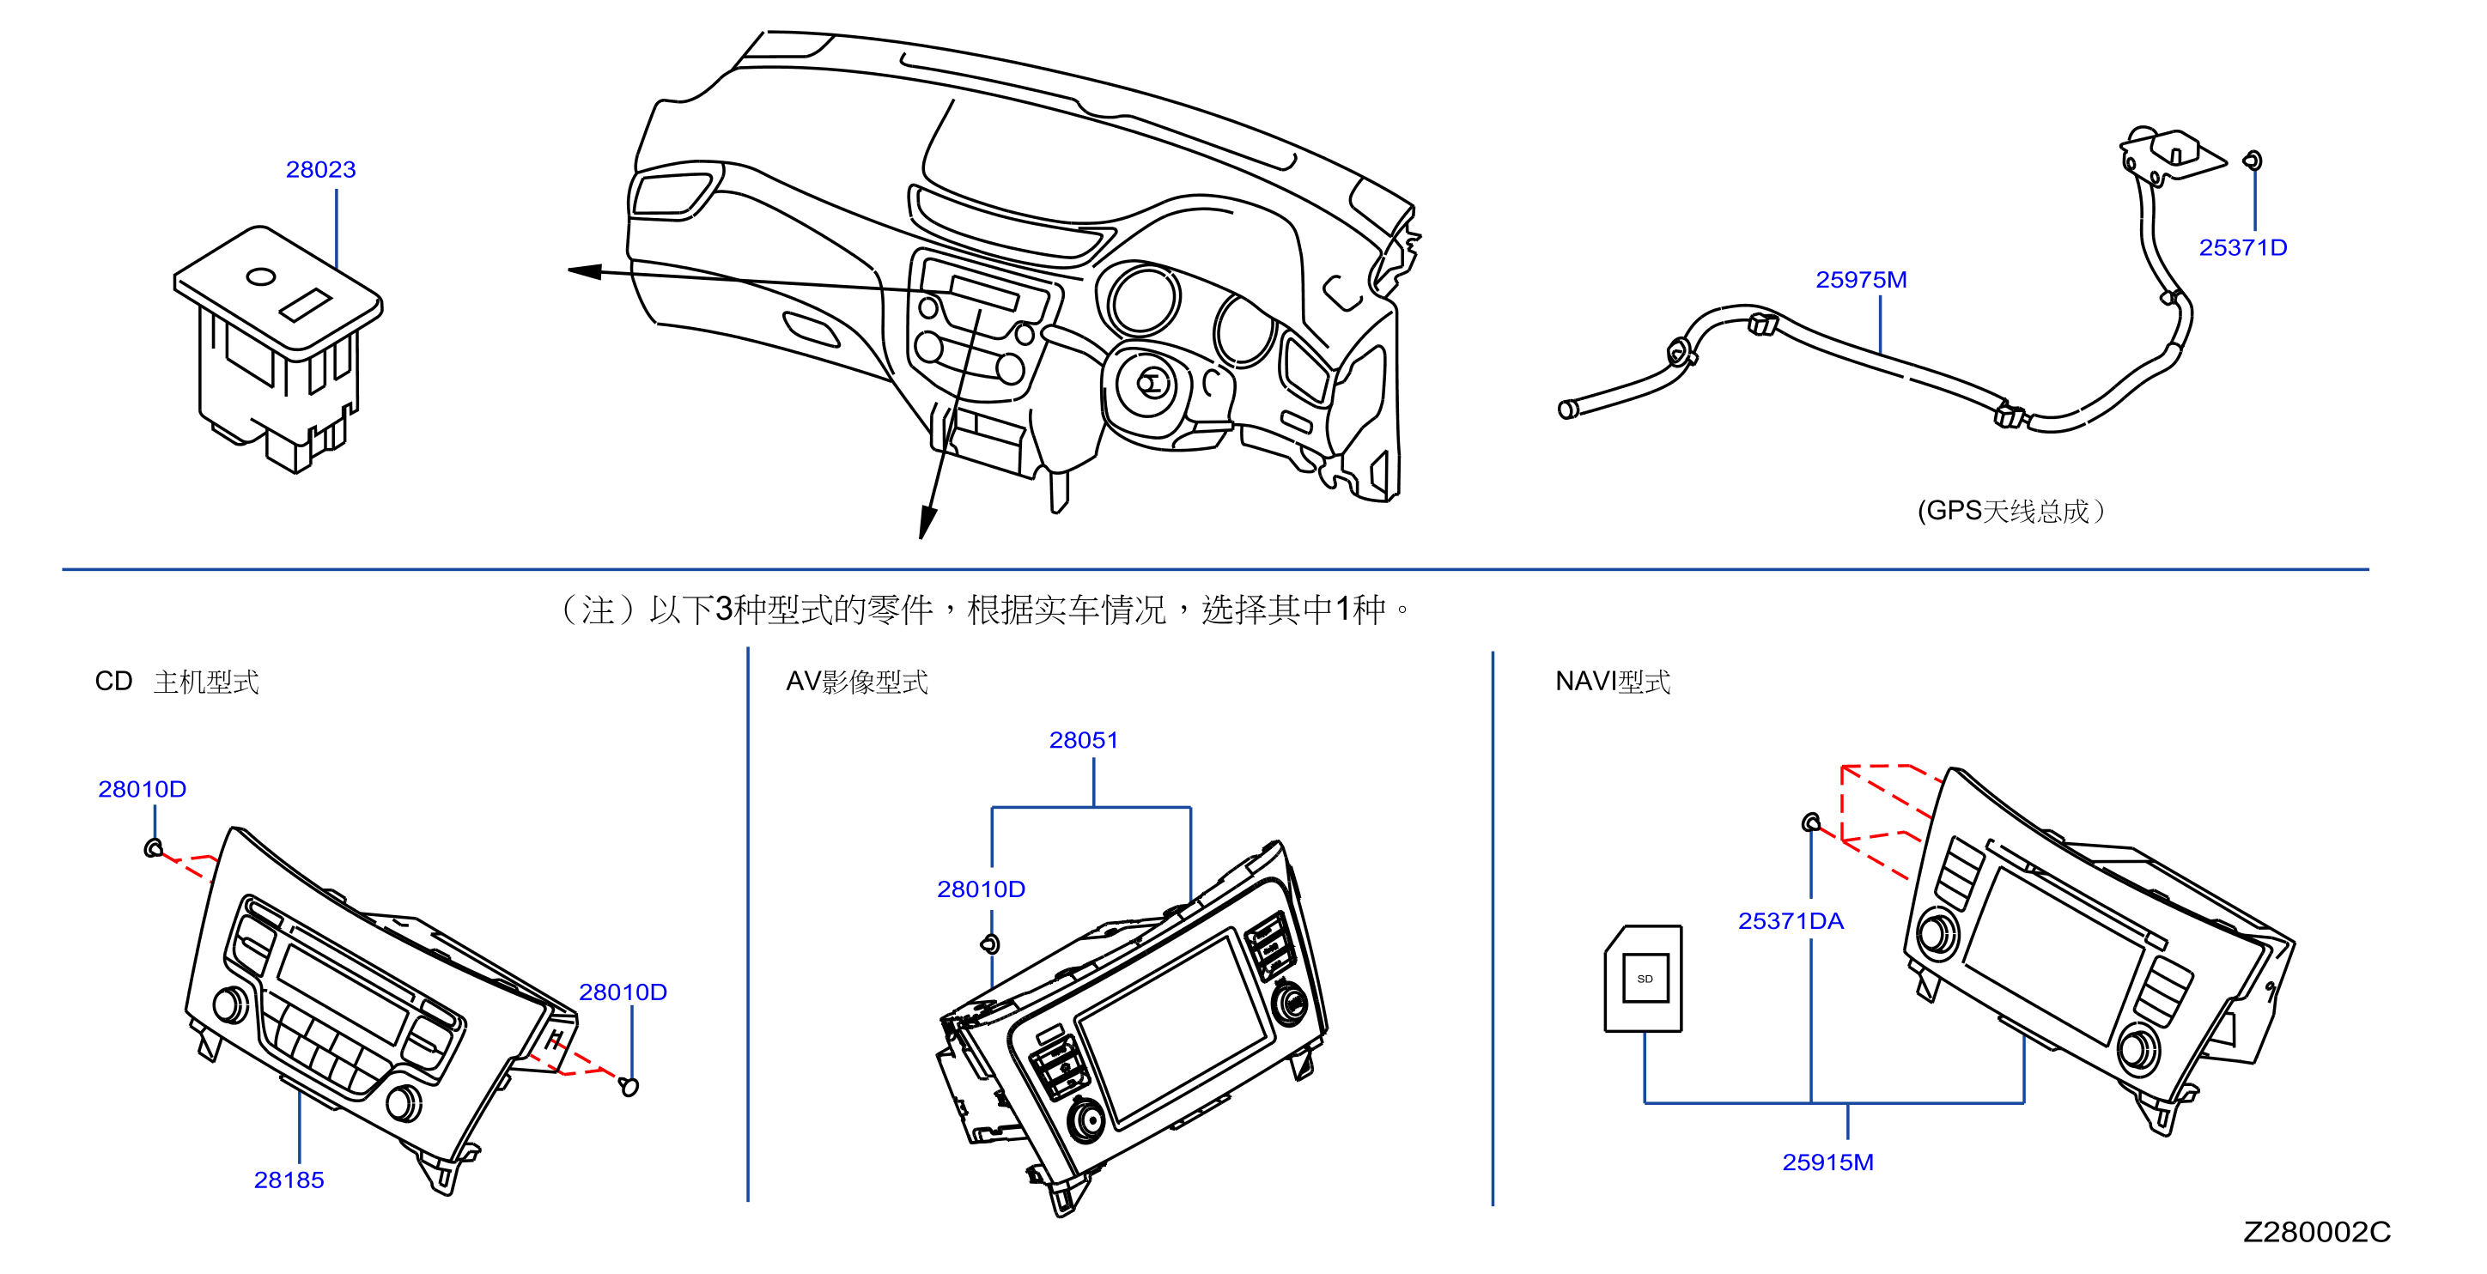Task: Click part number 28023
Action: [x=320, y=170]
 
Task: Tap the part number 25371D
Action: [x=2243, y=248]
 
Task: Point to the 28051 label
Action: [x=1083, y=740]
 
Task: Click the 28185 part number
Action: [x=289, y=1180]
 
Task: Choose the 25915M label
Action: [x=1827, y=1162]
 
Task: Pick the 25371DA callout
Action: [x=1791, y=921]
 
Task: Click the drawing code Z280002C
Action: [x=2317, y=1232]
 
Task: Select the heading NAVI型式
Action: [x=1612, y=682]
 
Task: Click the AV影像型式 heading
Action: [x=856, y=682]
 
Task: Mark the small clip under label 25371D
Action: [x=2253, y=161]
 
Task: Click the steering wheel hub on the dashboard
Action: [x=1152, y=383]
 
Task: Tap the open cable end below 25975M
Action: [x=1568, y=410]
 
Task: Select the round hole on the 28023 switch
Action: [x=262, y=277]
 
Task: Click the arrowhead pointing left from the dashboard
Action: [x=585, y=271]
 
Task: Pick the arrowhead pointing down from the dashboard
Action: [x=927, y=522]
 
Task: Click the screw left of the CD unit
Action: [x=153, y=848]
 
